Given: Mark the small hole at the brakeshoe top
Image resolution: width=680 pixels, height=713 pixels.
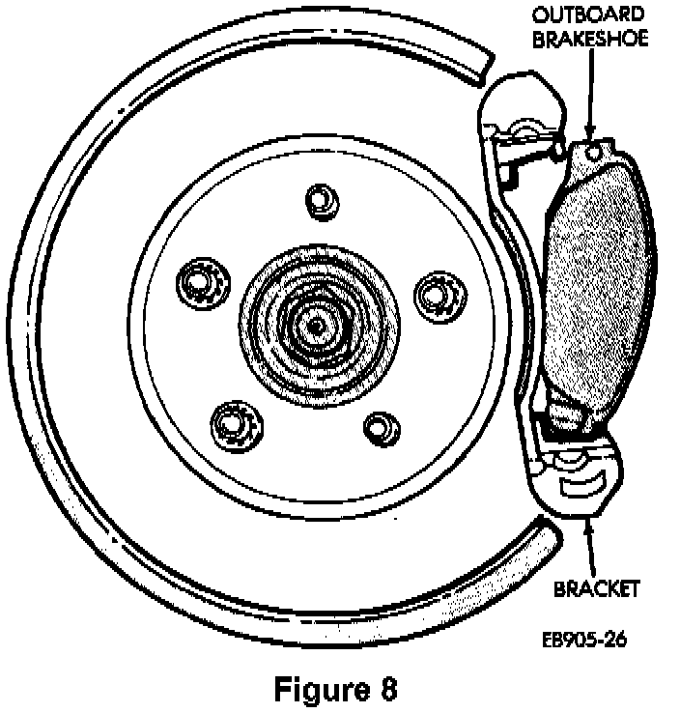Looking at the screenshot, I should pos(594,151).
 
